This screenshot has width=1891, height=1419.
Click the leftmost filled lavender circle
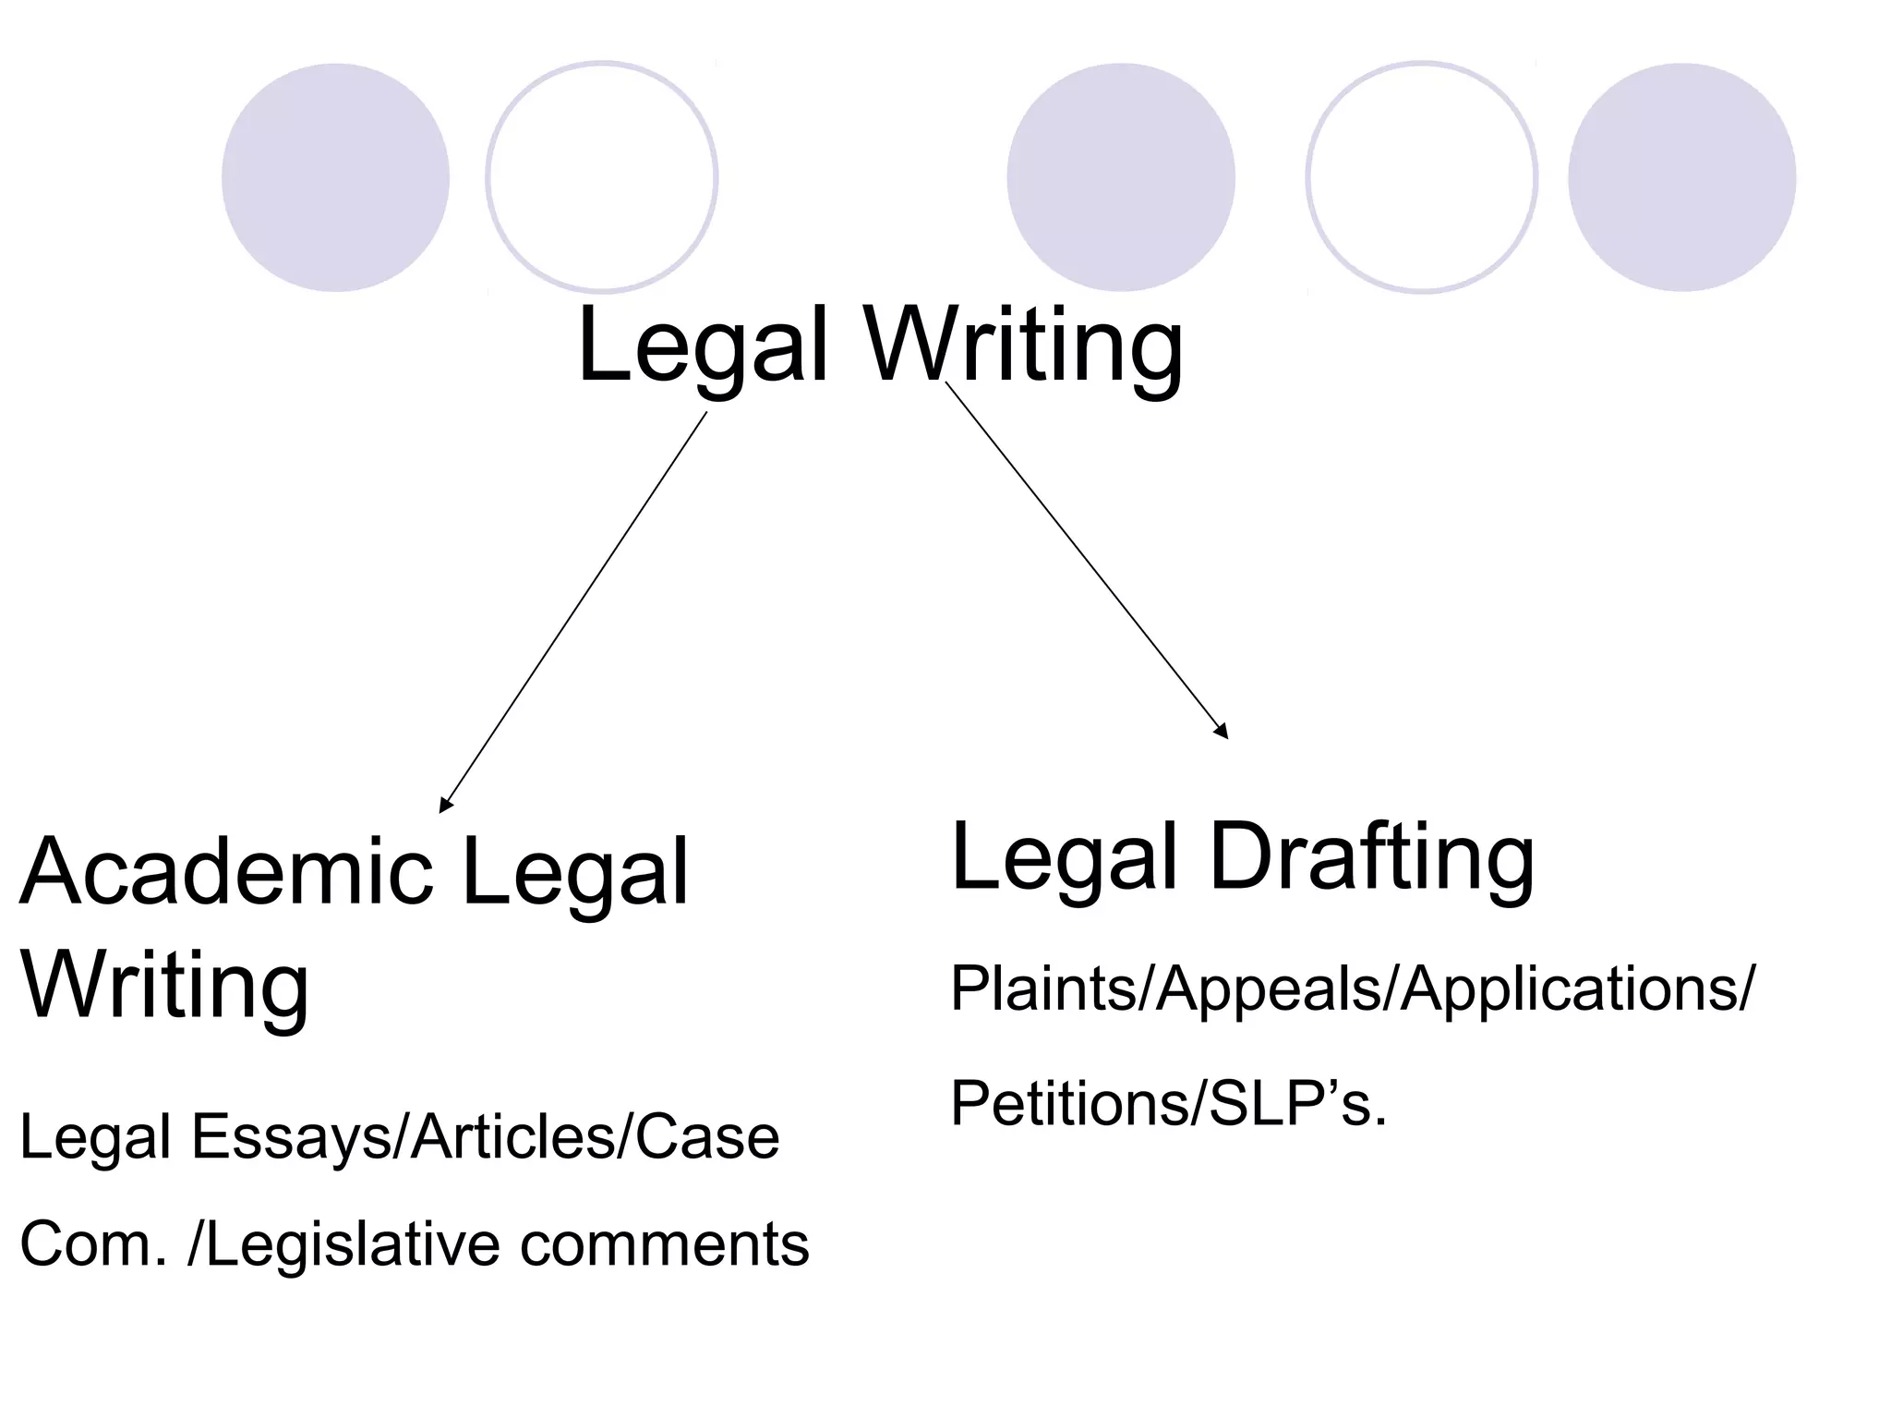coord(335,177)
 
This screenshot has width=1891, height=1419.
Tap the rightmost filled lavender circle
coord(1681,177)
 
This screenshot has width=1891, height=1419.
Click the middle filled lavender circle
coord(1121,177)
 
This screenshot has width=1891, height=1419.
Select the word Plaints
coord(1044,988)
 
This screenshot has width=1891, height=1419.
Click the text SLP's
coord(1298,1103)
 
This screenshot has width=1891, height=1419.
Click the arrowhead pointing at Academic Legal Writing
coord(445,805)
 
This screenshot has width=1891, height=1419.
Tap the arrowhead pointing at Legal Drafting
coord(1221,731)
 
